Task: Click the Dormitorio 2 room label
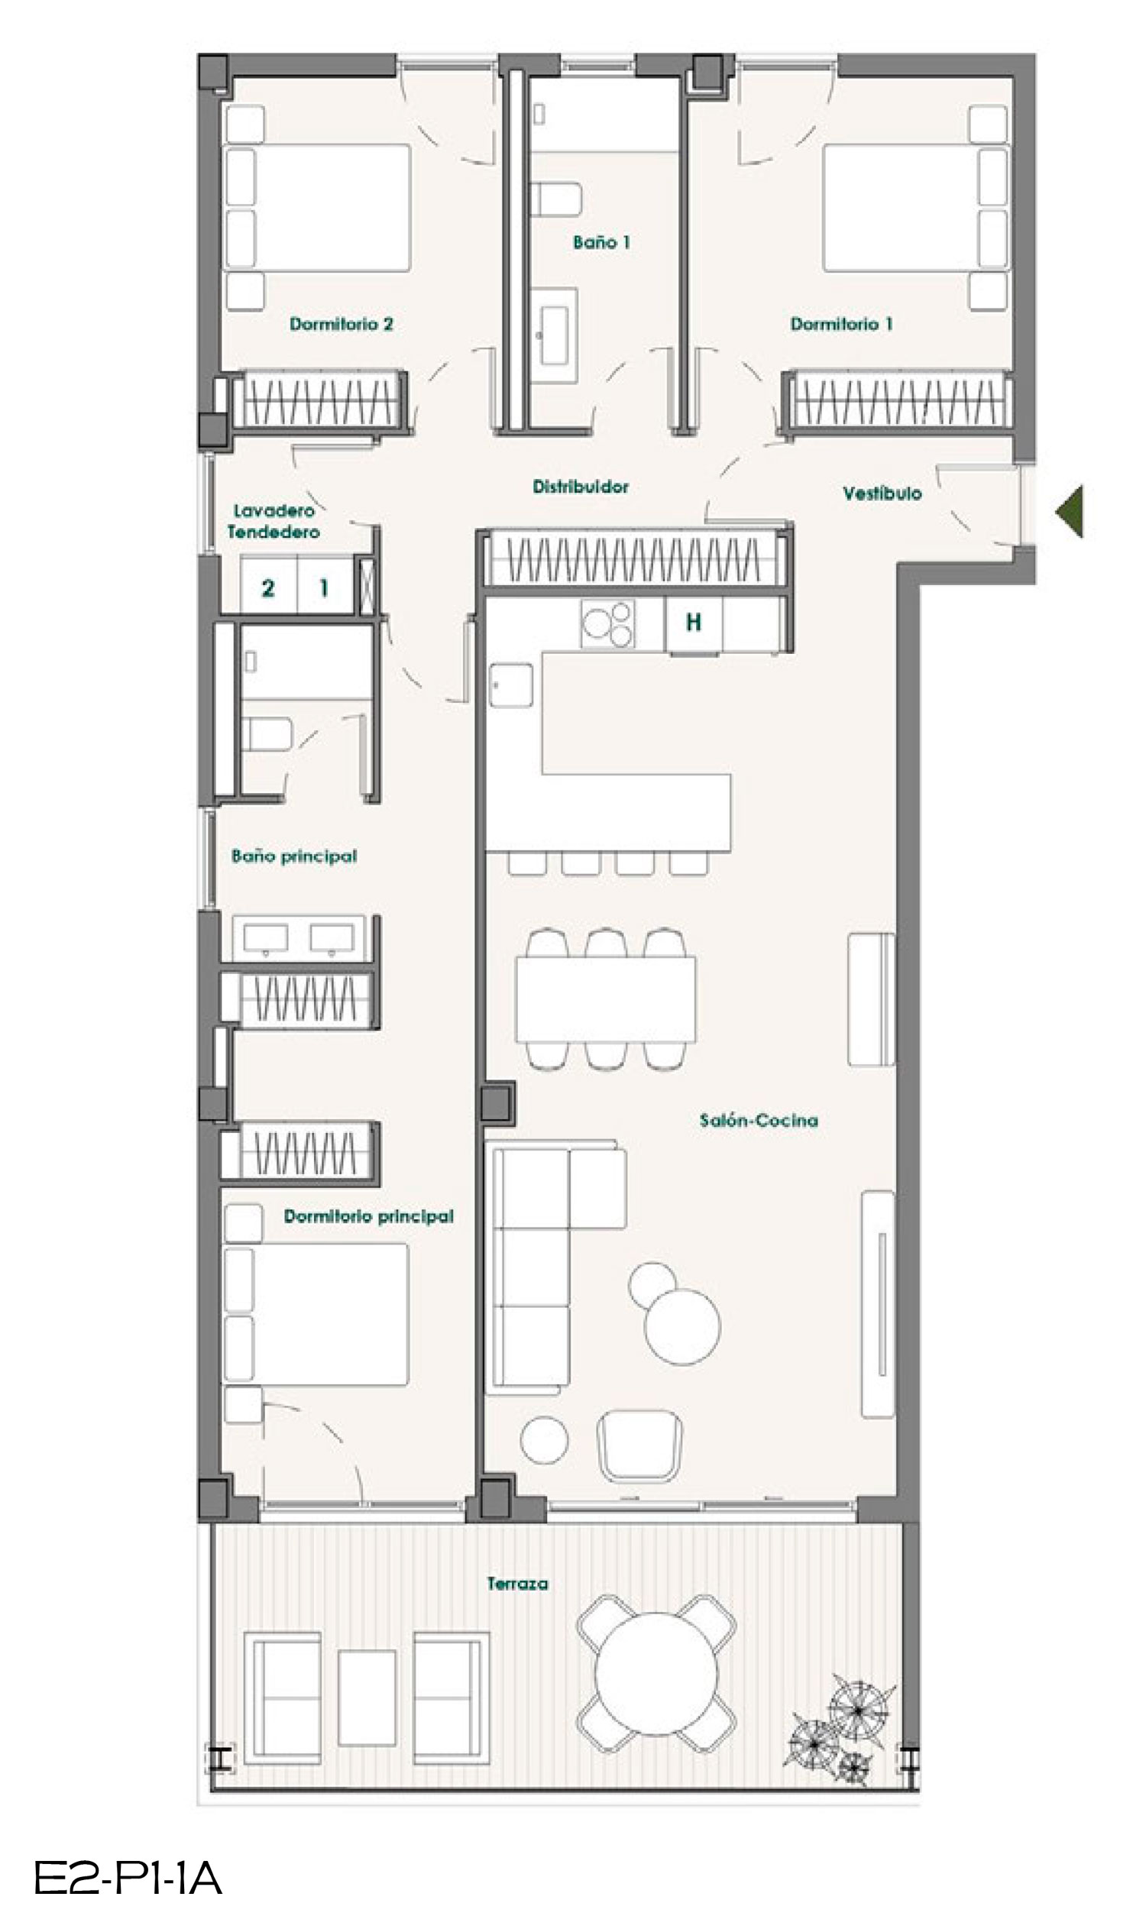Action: tap(342, 324)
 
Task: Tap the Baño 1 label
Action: tap(601, 242)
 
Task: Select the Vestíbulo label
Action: tap(882, 494)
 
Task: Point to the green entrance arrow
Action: tap(1070, 511)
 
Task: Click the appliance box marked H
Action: tap(694, 623)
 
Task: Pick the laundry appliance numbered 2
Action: tap(268, 588)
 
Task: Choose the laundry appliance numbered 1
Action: tap(325, 588)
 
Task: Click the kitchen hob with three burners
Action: tap(607, 623)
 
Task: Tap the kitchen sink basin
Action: tap(511, 685)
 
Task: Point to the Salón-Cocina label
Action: tap(759, 1120)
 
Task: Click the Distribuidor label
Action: tap(581, 487)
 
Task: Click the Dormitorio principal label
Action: tap(368, 1217)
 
